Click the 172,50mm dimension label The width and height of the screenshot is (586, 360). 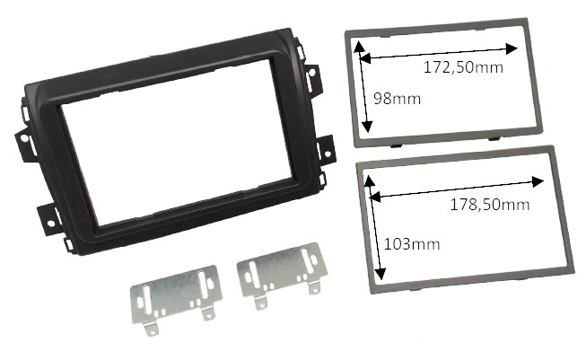(463, 67)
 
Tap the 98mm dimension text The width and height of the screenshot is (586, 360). (397, 99)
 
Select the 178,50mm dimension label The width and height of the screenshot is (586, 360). (490, 205)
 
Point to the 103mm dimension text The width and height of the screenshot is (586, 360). (412, 244)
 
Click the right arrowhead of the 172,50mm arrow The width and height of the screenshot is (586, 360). (512, 48)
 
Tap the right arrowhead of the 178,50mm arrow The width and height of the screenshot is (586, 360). (538, 181)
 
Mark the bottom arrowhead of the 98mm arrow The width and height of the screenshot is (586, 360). (368, 127)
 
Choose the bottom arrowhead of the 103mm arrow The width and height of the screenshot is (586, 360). (380, 274)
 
